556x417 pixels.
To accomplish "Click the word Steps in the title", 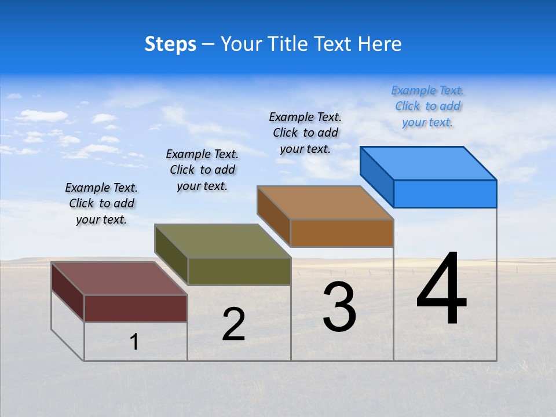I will [170, 44].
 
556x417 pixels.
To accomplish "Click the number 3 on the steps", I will [339, 307].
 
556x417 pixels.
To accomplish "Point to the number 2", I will [234, 324].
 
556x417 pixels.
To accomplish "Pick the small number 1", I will [134, 342].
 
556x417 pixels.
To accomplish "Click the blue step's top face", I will [429, 163].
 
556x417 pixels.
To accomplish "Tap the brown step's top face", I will [325, 202].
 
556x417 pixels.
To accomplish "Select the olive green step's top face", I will [223, 241].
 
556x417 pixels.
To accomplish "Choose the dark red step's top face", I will [119, 279].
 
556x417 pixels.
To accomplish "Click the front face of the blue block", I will [445, 193].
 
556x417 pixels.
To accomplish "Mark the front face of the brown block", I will [342, 233].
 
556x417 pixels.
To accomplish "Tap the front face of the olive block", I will [239, 271].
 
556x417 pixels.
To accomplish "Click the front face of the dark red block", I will [136, 308].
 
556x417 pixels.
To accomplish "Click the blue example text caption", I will [427, 107].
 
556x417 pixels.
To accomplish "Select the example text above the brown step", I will [305, 133].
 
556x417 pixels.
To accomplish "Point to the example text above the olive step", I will [202, 170].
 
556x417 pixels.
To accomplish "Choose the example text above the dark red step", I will [101, 203].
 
